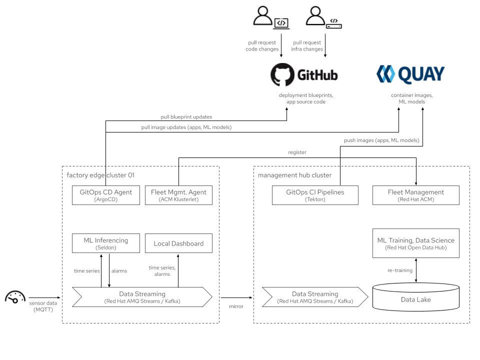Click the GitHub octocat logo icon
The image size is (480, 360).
click(282, 75)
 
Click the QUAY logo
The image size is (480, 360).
click(410, 74)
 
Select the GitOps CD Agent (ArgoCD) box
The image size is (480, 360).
click(105, 195)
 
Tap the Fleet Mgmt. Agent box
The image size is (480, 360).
click(178, 195)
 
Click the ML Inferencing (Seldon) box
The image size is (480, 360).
click(105, 243)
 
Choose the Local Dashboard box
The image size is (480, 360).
click(178, 243)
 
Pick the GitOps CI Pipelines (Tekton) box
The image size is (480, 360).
click(315, 195)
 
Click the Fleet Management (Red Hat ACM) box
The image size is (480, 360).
click(415, 195)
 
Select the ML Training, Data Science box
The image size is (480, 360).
click(415, 243)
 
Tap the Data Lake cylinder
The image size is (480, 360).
click(415, 299)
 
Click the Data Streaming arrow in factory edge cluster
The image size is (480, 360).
click(142, 297)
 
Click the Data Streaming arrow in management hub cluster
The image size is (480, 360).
click(315, 297)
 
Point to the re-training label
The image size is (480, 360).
click(400, 270)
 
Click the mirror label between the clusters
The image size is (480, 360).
click(236, 306)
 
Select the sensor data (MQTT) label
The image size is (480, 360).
click(43, 306)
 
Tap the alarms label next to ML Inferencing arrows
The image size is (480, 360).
click(119, 271)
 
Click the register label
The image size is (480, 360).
click(297, 152)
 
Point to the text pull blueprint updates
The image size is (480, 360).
click(186, 117)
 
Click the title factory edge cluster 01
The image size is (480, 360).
click(100, 175)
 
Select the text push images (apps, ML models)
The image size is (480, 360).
click(381, 140)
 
